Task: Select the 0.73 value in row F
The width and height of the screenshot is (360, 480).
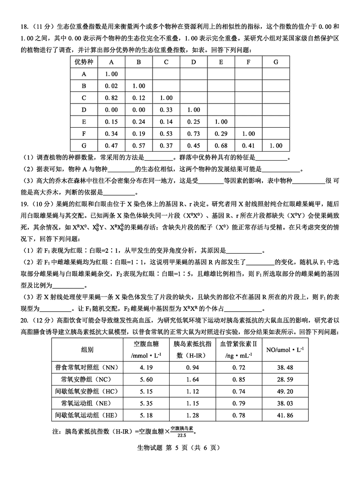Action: coord(193,134)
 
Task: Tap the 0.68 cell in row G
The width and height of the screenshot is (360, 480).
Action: coord(221,146)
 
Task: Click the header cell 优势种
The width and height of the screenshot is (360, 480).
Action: coord(84,62)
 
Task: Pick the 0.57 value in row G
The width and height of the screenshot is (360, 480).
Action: coord(139,146)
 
